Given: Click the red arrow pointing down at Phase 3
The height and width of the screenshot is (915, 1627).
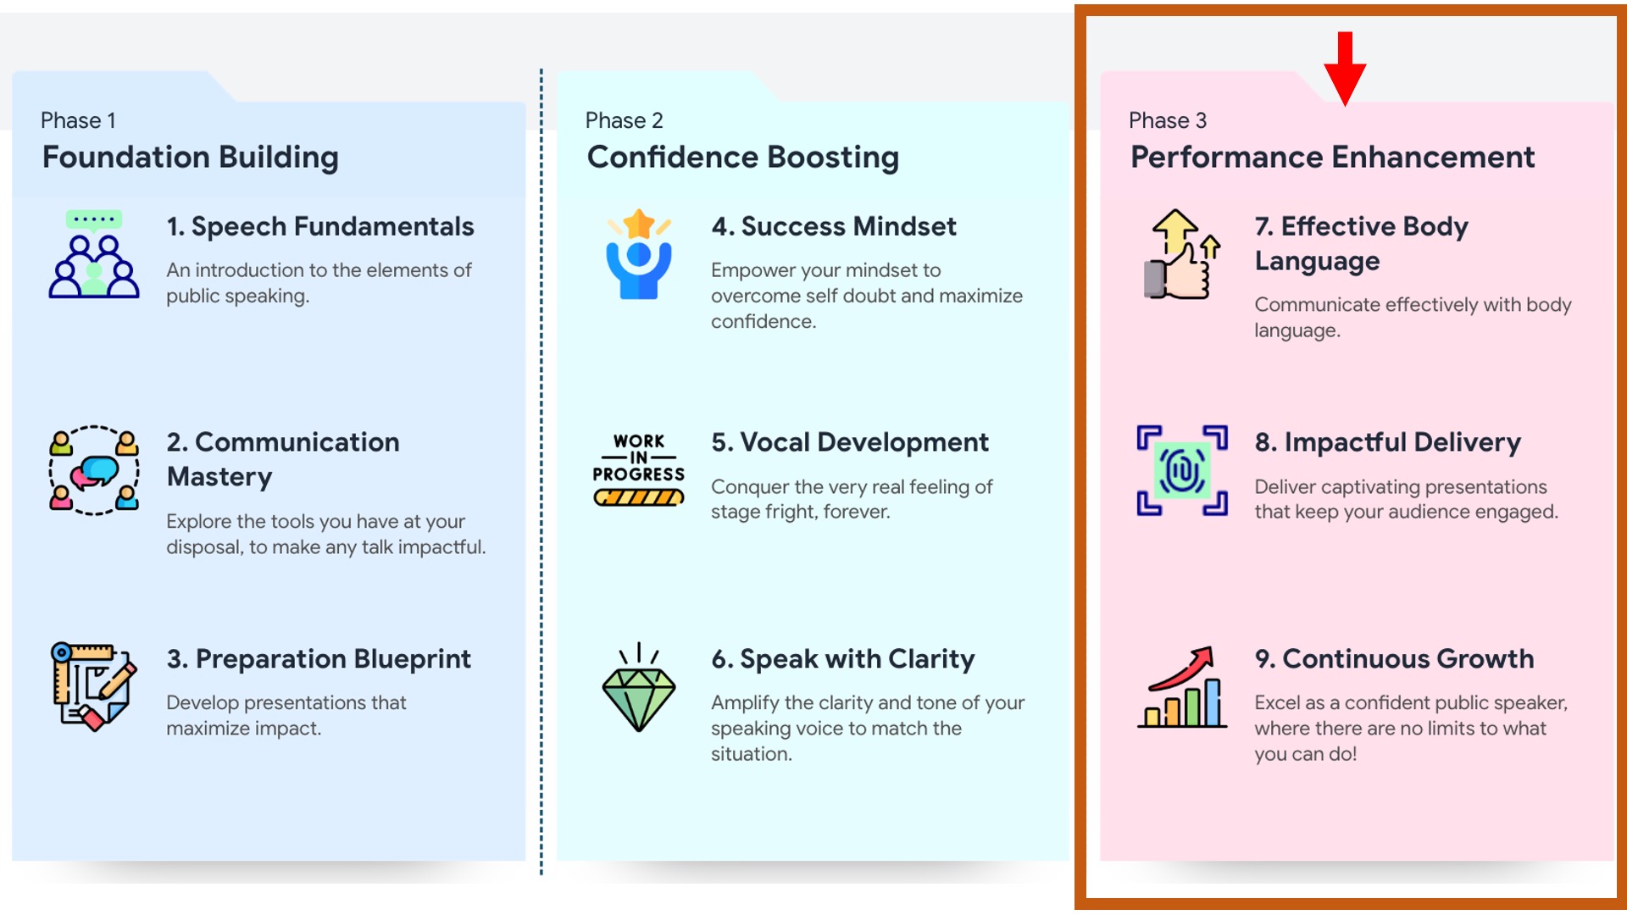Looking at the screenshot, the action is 1345,69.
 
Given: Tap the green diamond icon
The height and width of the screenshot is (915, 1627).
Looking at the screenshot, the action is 639,687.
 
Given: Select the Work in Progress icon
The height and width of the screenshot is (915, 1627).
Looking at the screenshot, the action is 639,469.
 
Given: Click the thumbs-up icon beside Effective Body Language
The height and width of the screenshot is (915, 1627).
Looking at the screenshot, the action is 1182,254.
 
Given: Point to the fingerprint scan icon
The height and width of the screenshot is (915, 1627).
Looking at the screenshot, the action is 1182,470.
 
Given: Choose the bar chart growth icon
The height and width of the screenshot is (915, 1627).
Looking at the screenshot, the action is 1182,687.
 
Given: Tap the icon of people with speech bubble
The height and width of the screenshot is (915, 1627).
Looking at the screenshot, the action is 94,254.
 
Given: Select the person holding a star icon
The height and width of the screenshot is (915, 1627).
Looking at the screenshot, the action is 639,254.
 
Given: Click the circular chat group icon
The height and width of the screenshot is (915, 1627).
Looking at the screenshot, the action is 94,470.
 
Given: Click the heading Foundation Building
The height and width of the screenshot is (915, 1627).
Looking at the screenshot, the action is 191,158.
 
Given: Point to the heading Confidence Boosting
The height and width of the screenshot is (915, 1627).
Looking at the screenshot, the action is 743,158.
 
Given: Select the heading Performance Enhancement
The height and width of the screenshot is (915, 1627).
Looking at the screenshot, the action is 1333,158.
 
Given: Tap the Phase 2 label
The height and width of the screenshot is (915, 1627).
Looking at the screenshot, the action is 625,120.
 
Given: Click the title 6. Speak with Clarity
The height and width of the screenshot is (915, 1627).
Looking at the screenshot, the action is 843,659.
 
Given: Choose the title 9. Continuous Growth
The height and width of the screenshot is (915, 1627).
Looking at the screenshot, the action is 1395,659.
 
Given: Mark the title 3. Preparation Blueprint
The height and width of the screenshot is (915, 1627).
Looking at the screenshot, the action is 319,659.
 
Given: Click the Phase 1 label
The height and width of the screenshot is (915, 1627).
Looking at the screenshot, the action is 78,120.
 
